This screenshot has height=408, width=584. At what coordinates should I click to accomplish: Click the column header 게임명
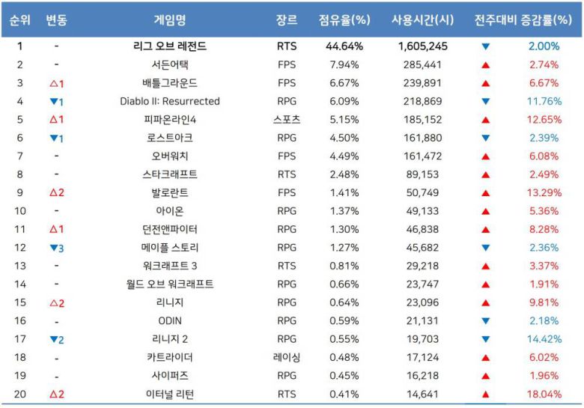pos(169,20)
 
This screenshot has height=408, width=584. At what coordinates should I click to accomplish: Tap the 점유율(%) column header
pos(344,20)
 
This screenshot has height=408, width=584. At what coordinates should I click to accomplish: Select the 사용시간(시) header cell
pos(423,20)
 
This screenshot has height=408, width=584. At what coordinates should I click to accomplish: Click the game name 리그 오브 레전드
pos(169,46)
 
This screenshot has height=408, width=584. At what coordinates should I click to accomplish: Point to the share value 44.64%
pos(344,46)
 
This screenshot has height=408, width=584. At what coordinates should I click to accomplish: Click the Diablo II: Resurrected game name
pos(169,101)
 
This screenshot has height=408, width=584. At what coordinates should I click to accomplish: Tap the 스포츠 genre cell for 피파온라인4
pos(287,120)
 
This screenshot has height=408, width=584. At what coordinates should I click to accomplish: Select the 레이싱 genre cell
pos(287,358)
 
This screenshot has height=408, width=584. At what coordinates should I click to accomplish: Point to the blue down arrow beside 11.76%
pos(486,102)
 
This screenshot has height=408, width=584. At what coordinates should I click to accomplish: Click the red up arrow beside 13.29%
pos(486,193)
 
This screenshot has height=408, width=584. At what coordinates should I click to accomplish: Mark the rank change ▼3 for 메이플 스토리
pos(56,248)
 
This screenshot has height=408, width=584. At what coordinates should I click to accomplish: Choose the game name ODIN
pos(169,321)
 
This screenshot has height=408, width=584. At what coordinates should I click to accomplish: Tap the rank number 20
pos(20,395)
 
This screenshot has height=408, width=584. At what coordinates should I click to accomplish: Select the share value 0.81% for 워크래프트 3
pos(344,266)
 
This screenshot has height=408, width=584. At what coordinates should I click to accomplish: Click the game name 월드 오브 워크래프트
pos(169,284)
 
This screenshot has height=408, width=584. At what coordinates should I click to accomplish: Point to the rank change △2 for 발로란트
pos(56,193)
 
